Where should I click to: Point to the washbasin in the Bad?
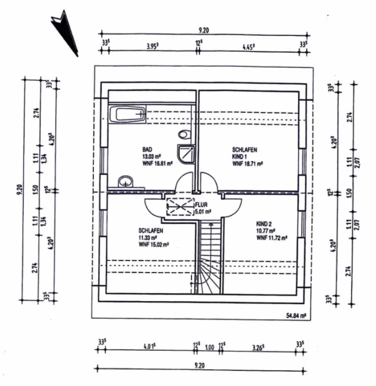pos(125,182)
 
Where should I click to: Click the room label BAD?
pos(147,149)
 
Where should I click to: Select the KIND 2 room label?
pos(264,225)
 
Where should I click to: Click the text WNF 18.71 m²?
pos(248,163)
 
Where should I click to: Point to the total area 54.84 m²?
pos(296,316)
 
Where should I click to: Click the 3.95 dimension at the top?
pos(151,46)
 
